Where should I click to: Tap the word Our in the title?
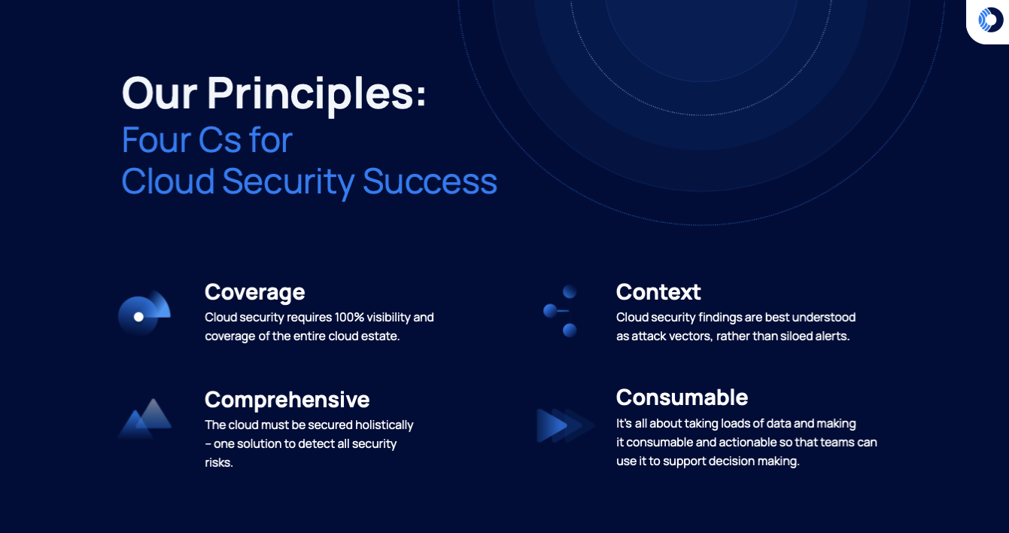click(x=159, y=93)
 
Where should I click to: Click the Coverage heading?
click(x=254, y=291)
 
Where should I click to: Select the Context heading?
click(x=658, y=291)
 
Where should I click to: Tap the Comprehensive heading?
click(x=287, y=399)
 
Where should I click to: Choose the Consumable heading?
click(x=682, y=397)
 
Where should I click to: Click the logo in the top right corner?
click(x=990, y=20)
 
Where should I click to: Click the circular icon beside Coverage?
click(x=144, y=313)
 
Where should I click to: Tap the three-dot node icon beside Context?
click(x=561, y=310)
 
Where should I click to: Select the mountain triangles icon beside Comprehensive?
click(x=145, y=419)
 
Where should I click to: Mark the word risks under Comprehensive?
click(x=219, y=462)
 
